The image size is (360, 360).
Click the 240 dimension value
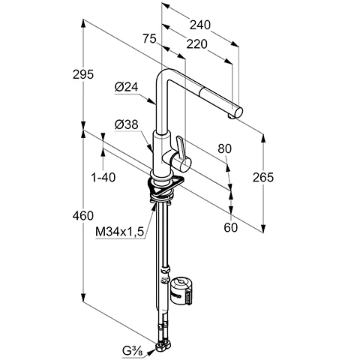click(200, 25)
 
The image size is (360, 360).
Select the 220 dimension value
click(196, 44)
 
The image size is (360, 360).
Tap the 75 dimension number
click(149, 39)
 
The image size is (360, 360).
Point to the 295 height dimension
click(83, 74)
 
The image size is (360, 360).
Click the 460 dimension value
click(83, 215)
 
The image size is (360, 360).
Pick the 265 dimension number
click(263, 177)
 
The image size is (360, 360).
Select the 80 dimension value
click(225, 148)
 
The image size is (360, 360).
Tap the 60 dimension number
click(230, 227)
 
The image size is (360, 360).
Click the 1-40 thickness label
click(103, 178)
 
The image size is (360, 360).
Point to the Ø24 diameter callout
click(127, 87)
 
